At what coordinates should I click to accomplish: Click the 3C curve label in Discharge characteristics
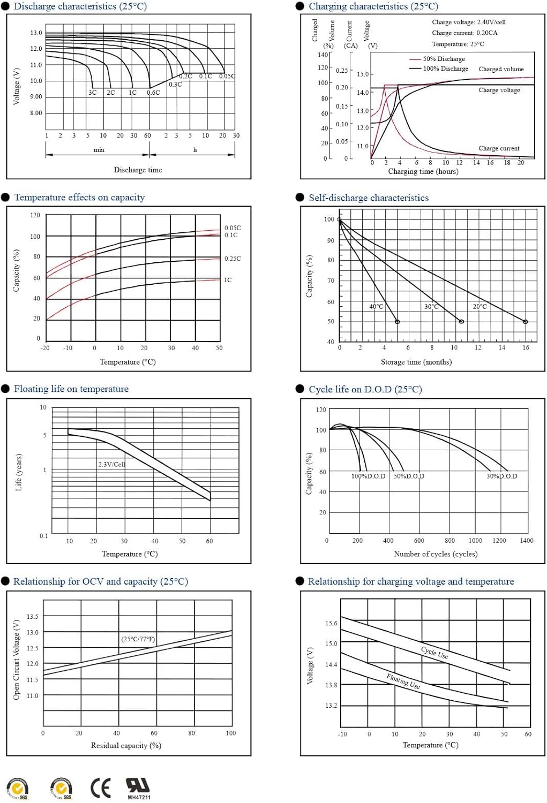point(93,93)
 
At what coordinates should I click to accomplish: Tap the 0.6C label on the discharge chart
point(153,93)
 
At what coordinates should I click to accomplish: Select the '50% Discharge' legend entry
point(444,59)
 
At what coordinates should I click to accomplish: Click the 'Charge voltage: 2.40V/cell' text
point(468,22)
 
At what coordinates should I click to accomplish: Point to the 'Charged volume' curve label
point(501,69)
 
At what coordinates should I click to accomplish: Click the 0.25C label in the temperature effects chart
point(233,259)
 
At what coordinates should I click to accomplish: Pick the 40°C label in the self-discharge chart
point(376,307)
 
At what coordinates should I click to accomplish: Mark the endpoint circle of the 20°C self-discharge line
point(525,322)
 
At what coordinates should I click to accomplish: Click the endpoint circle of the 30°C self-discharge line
point(461,322)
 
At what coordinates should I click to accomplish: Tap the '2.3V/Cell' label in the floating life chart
point(111,464)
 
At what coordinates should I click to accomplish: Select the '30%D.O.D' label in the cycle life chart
point(501,476)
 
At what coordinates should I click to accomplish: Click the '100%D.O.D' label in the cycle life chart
point(368,476)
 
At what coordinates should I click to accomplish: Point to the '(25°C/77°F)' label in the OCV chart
point(138,639)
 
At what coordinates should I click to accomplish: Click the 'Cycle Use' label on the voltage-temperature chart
point(434,652)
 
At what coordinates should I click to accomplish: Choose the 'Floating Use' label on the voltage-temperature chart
point(403,681)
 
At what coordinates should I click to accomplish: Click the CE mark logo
point(101,788)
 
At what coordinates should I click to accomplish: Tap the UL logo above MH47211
point(138,785)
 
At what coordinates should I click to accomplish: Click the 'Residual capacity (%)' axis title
point(126,745)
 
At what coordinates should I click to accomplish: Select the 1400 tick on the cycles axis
point(526,541)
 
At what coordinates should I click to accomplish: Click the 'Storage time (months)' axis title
point(416,362)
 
